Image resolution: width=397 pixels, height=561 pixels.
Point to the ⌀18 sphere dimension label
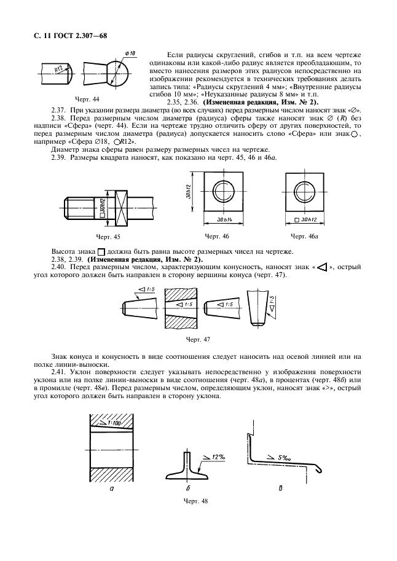tap(130, 53)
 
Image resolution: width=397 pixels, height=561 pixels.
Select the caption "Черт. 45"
tap(108, 236)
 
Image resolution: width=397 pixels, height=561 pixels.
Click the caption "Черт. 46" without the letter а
tap(217, 236)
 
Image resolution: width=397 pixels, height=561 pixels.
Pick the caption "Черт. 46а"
tap(304, 236)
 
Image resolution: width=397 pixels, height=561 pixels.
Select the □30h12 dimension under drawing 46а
tap(305, 220)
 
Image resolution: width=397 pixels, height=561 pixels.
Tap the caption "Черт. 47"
tap(197, 339)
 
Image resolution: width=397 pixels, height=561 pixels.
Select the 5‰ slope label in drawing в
tap(285, 458)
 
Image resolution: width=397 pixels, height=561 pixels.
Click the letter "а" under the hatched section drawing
tap(111, 489)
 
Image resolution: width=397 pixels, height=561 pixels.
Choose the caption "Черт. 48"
tap(196, 501)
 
